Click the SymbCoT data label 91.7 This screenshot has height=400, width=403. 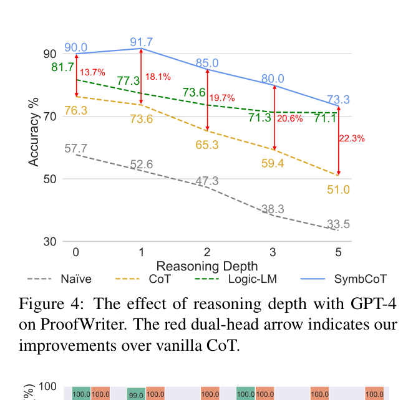point(141,42)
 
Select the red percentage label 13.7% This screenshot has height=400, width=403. point(92,72)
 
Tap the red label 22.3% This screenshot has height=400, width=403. point(351,138)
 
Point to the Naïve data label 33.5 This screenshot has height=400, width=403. point(337,224)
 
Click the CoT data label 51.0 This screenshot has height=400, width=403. point(338,189)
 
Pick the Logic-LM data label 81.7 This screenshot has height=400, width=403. point(62,67)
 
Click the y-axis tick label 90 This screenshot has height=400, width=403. point(49,54)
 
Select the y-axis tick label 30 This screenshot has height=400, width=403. point(49,242)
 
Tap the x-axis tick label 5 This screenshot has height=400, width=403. point(338,252)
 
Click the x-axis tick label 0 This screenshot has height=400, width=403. point(75,252)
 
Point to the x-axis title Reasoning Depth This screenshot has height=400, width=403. point(206,266)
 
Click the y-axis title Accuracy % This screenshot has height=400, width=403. point(34,131)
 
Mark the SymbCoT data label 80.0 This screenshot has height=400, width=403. point(273,79)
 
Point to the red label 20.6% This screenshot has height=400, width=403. point(289,118)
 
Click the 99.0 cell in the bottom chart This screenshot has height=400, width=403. point(135,394)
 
